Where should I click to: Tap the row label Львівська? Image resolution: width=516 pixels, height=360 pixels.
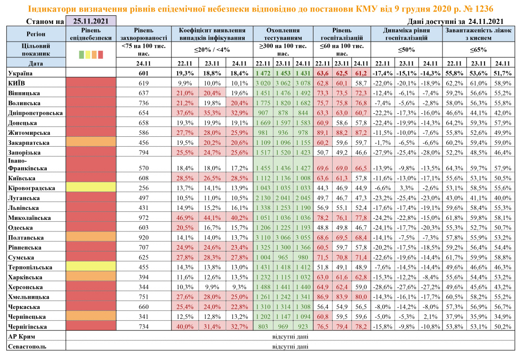[24, 207]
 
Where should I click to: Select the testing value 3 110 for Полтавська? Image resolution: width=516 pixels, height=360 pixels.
[263, 238]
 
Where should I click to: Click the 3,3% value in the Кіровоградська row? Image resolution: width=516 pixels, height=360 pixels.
[406, 187]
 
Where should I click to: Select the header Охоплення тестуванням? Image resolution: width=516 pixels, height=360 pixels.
[283, 33]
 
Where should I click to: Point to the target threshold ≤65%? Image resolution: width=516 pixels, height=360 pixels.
[478, 50]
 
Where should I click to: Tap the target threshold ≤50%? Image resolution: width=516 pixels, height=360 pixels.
[406, 50]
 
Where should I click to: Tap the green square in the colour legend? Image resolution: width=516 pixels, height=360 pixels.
[81, 55]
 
